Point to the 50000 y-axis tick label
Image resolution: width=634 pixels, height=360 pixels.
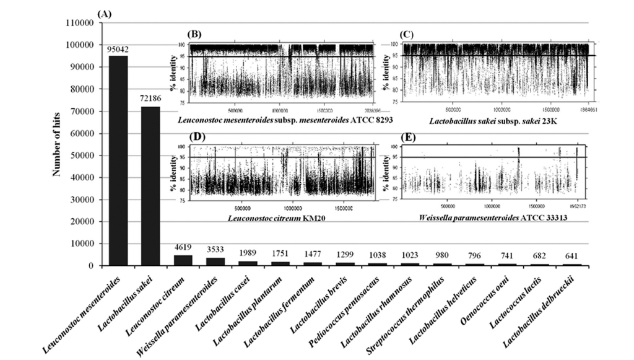click(83, 156)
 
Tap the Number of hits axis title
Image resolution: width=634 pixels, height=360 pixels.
click(56, 144)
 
